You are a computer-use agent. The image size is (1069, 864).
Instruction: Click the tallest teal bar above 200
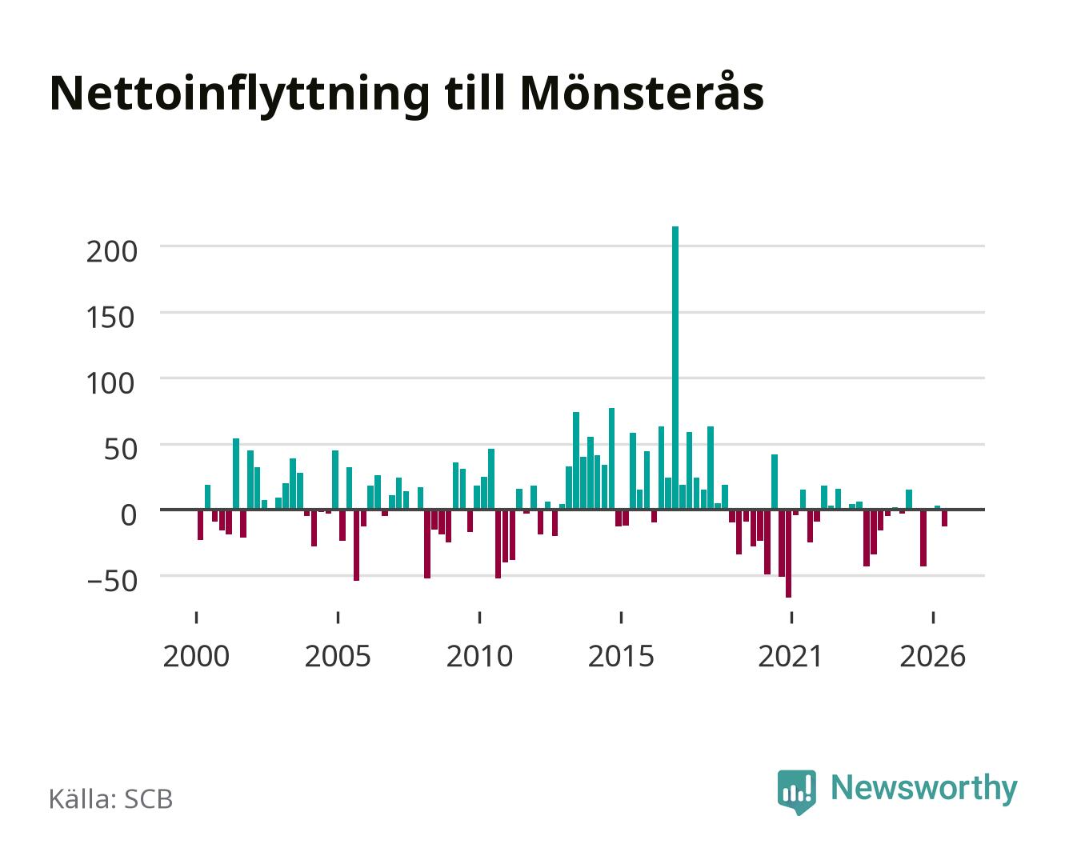675,368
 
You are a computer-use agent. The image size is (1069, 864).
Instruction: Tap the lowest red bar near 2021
788,554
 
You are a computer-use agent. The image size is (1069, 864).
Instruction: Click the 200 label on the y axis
111,251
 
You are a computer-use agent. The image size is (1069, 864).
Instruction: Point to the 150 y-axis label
111,318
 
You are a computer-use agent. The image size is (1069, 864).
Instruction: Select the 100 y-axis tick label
111,383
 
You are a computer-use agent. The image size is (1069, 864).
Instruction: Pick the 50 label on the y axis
121,450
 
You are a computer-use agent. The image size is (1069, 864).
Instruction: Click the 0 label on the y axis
129,515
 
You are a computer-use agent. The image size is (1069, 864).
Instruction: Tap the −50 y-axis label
112,582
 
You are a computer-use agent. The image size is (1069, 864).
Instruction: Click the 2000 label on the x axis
196,656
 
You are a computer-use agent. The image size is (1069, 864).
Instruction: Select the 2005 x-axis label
338,656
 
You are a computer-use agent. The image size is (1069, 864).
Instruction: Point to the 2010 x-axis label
479,656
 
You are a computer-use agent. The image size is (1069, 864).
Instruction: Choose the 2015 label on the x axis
621,656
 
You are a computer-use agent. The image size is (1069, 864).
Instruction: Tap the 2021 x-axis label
791,656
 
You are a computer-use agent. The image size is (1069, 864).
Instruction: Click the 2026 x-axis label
932,656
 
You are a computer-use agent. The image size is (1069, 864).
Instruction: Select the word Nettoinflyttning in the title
240,95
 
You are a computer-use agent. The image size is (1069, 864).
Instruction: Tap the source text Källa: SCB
111,798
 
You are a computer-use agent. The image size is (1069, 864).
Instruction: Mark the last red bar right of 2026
944,518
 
